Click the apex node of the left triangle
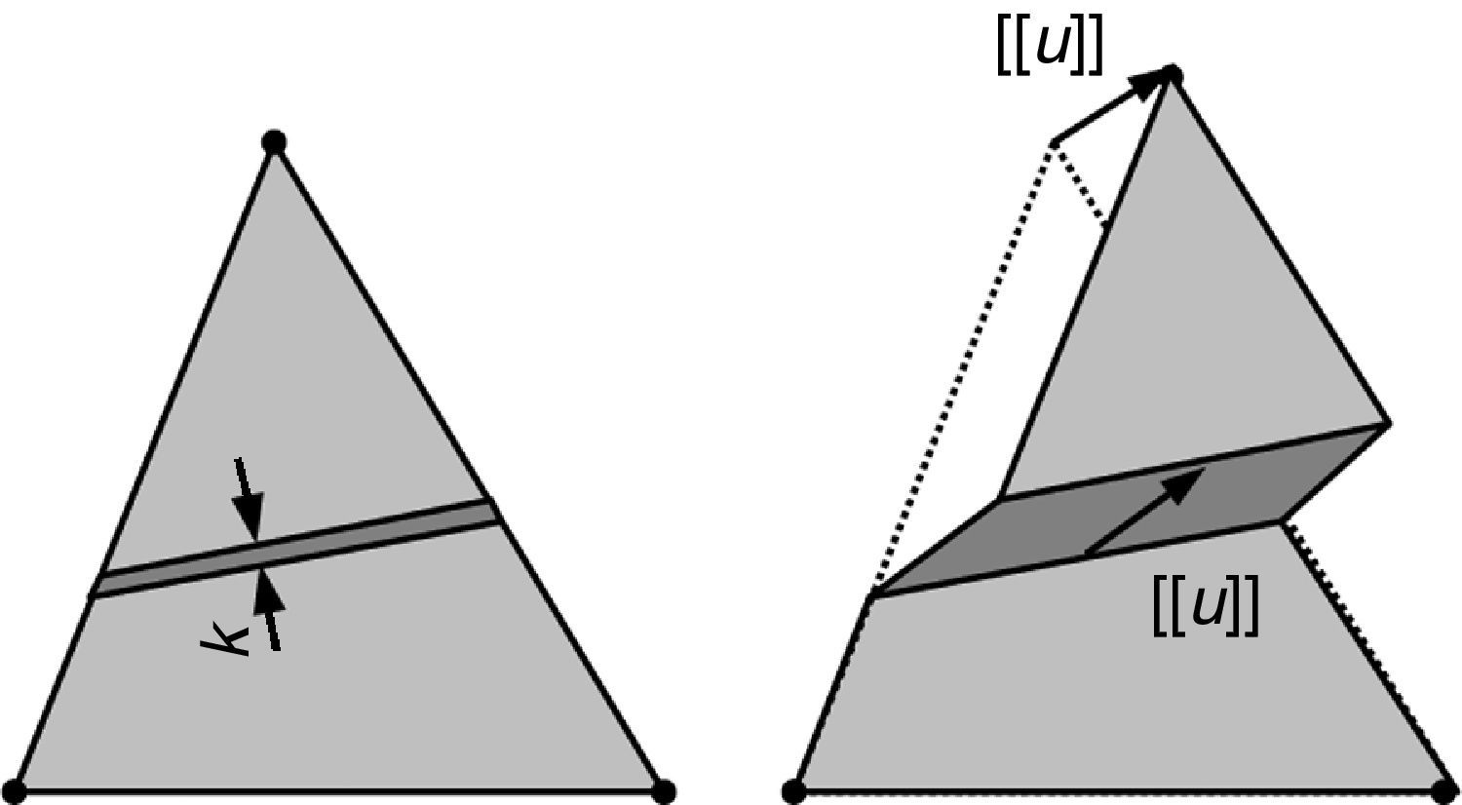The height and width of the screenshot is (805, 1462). pyautogui.click(x=275, y=143)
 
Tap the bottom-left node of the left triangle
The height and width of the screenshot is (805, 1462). pyautogui.click(x=15, y=790)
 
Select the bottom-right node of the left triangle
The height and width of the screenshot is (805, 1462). pyautogui.click(x=663, y=790)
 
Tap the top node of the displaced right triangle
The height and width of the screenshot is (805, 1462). pyautogui.click(x=1173, y=75)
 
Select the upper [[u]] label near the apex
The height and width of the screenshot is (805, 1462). pyautogui.click(x=1050, y=47)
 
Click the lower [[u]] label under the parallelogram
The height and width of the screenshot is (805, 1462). pyautogui.click(x=1206, y=606)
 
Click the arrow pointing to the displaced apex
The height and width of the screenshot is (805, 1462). pyautogui.click(x=1111, y=107)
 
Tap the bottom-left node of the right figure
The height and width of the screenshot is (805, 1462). pyautogui.click(x=794, y=790)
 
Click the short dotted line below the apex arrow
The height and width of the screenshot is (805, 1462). pyautogui.click(x=1080, y=185)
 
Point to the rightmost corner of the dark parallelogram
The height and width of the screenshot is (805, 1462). pyautogui.click(x=1389, y=424)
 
